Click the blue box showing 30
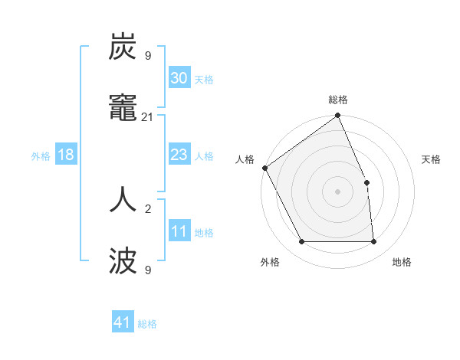179,78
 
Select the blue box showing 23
179,155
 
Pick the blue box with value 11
179,231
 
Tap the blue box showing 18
66,155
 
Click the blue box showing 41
123,322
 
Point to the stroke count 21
148,117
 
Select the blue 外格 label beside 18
41,155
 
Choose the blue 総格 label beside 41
147,323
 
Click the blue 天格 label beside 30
203,79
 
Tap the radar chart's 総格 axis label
338,100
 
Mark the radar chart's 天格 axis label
431,159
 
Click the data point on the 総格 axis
338,116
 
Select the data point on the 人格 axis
264,168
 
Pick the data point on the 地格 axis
374,242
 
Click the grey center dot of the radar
338,191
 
